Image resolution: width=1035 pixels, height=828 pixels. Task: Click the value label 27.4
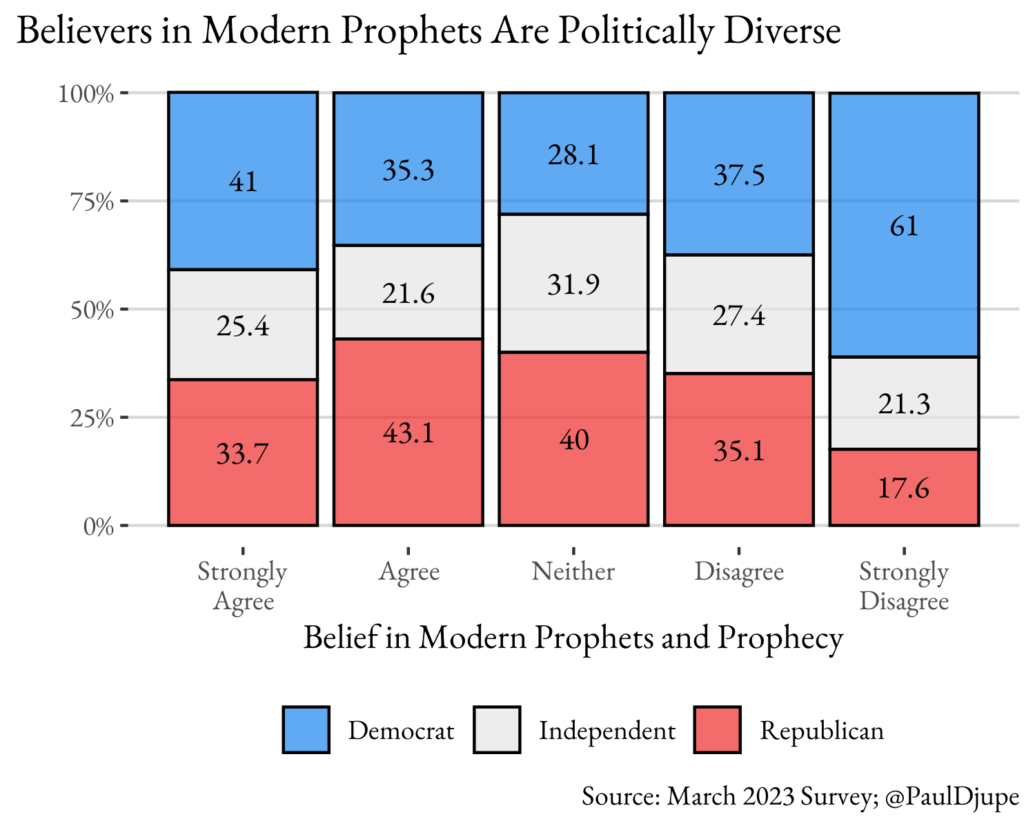(x=739, y=316)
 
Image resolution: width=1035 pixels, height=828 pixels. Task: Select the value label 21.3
(x=904, y=404)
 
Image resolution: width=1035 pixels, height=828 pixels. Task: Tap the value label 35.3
(x=408, y=170)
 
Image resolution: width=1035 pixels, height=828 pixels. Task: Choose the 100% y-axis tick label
(x=86, y=93)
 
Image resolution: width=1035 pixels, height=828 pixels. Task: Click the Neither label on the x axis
(x=573, y=571)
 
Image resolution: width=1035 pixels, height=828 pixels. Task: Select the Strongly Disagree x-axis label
(x=904, y=586)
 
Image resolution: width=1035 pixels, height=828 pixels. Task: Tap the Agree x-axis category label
(x=408, y=571)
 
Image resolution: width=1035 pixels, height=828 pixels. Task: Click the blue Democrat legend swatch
(x=306, y=729)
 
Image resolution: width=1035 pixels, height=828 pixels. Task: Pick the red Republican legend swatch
(x=717, y=729)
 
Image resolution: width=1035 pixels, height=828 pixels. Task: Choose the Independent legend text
(x=607, y=731)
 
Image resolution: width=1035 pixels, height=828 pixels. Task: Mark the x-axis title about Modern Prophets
(x=573, y=637)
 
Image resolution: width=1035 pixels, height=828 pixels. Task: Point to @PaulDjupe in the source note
(x=952, y=796)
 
